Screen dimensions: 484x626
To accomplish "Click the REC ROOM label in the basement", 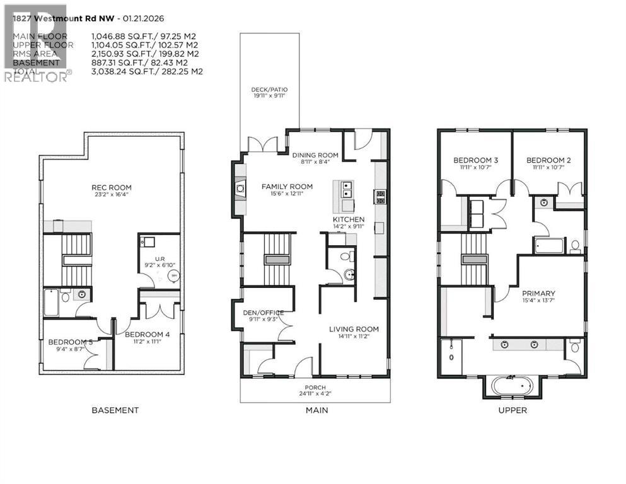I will coord(111,188).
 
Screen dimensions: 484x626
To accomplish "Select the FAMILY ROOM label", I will coord(287,187).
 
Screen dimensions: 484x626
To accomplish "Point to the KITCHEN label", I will coord(349,219).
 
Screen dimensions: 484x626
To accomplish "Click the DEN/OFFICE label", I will coord(264,313).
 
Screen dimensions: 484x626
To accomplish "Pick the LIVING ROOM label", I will coord(354,329).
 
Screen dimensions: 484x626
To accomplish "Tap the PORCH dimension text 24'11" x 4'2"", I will coord(315,394).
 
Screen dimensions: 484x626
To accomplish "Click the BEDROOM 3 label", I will coord(476,161).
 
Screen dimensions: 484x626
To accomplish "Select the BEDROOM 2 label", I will coord(548,161).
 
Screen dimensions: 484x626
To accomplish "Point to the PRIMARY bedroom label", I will coord(538,294).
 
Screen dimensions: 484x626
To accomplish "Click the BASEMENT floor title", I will coord(115,410).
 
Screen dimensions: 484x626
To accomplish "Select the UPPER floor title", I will coord(512,410).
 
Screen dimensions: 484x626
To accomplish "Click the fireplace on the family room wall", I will coord(240,188).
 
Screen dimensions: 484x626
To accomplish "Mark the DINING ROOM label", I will coord(315,155).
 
